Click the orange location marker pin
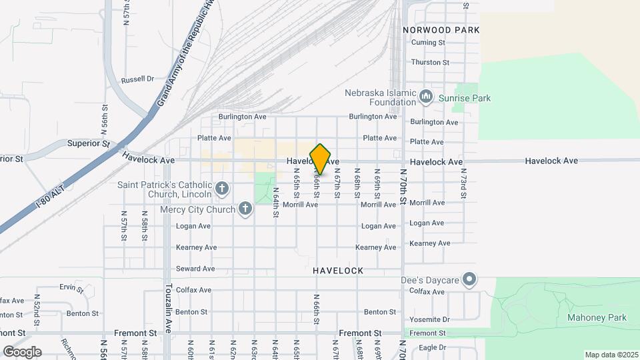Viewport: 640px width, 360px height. (321, 159)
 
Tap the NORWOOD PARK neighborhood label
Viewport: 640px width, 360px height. (441, 30)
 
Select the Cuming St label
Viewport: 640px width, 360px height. (428, 43)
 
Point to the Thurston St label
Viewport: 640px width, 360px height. (431, 62)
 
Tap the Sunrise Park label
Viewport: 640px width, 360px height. (465, 98)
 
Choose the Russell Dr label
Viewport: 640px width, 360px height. (137, 79)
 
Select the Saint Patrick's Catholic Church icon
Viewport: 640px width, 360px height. (223, 190)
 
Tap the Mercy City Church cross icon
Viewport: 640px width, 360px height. (245, 210)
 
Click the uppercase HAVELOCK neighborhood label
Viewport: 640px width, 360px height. (338, 271)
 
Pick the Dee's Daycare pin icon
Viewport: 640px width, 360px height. (470, 279)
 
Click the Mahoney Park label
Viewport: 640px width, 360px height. (597, 318)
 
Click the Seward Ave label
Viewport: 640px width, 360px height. (195, 269)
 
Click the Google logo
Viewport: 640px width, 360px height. (22, 351)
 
